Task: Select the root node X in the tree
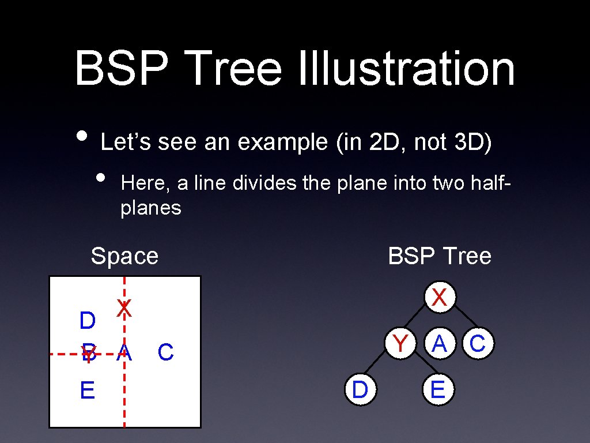pyautogui.click(x=440, y=298)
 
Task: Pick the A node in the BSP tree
pyautogui.click(x=440, y=344)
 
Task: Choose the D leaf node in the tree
pyautogui.click(x=360, y=390)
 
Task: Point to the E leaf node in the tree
pyautogui.click(x=438, y=390)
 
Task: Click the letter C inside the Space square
pyautogui.click(x=165, y=352)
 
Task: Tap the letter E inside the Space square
pyautogui.click(x=88, y=391)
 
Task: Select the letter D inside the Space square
pyautogui.click(x=88, y=321)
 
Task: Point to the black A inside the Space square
pyautogui.click(x=124, y=353)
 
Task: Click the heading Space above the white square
pyautogui.click(x=124, y=256)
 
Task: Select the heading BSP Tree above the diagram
pyautogui.click(x=440, y=256)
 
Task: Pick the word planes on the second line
pyautogui.click(x=151, y=208)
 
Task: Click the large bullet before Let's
pyautogui.click(x=83, y=134)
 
